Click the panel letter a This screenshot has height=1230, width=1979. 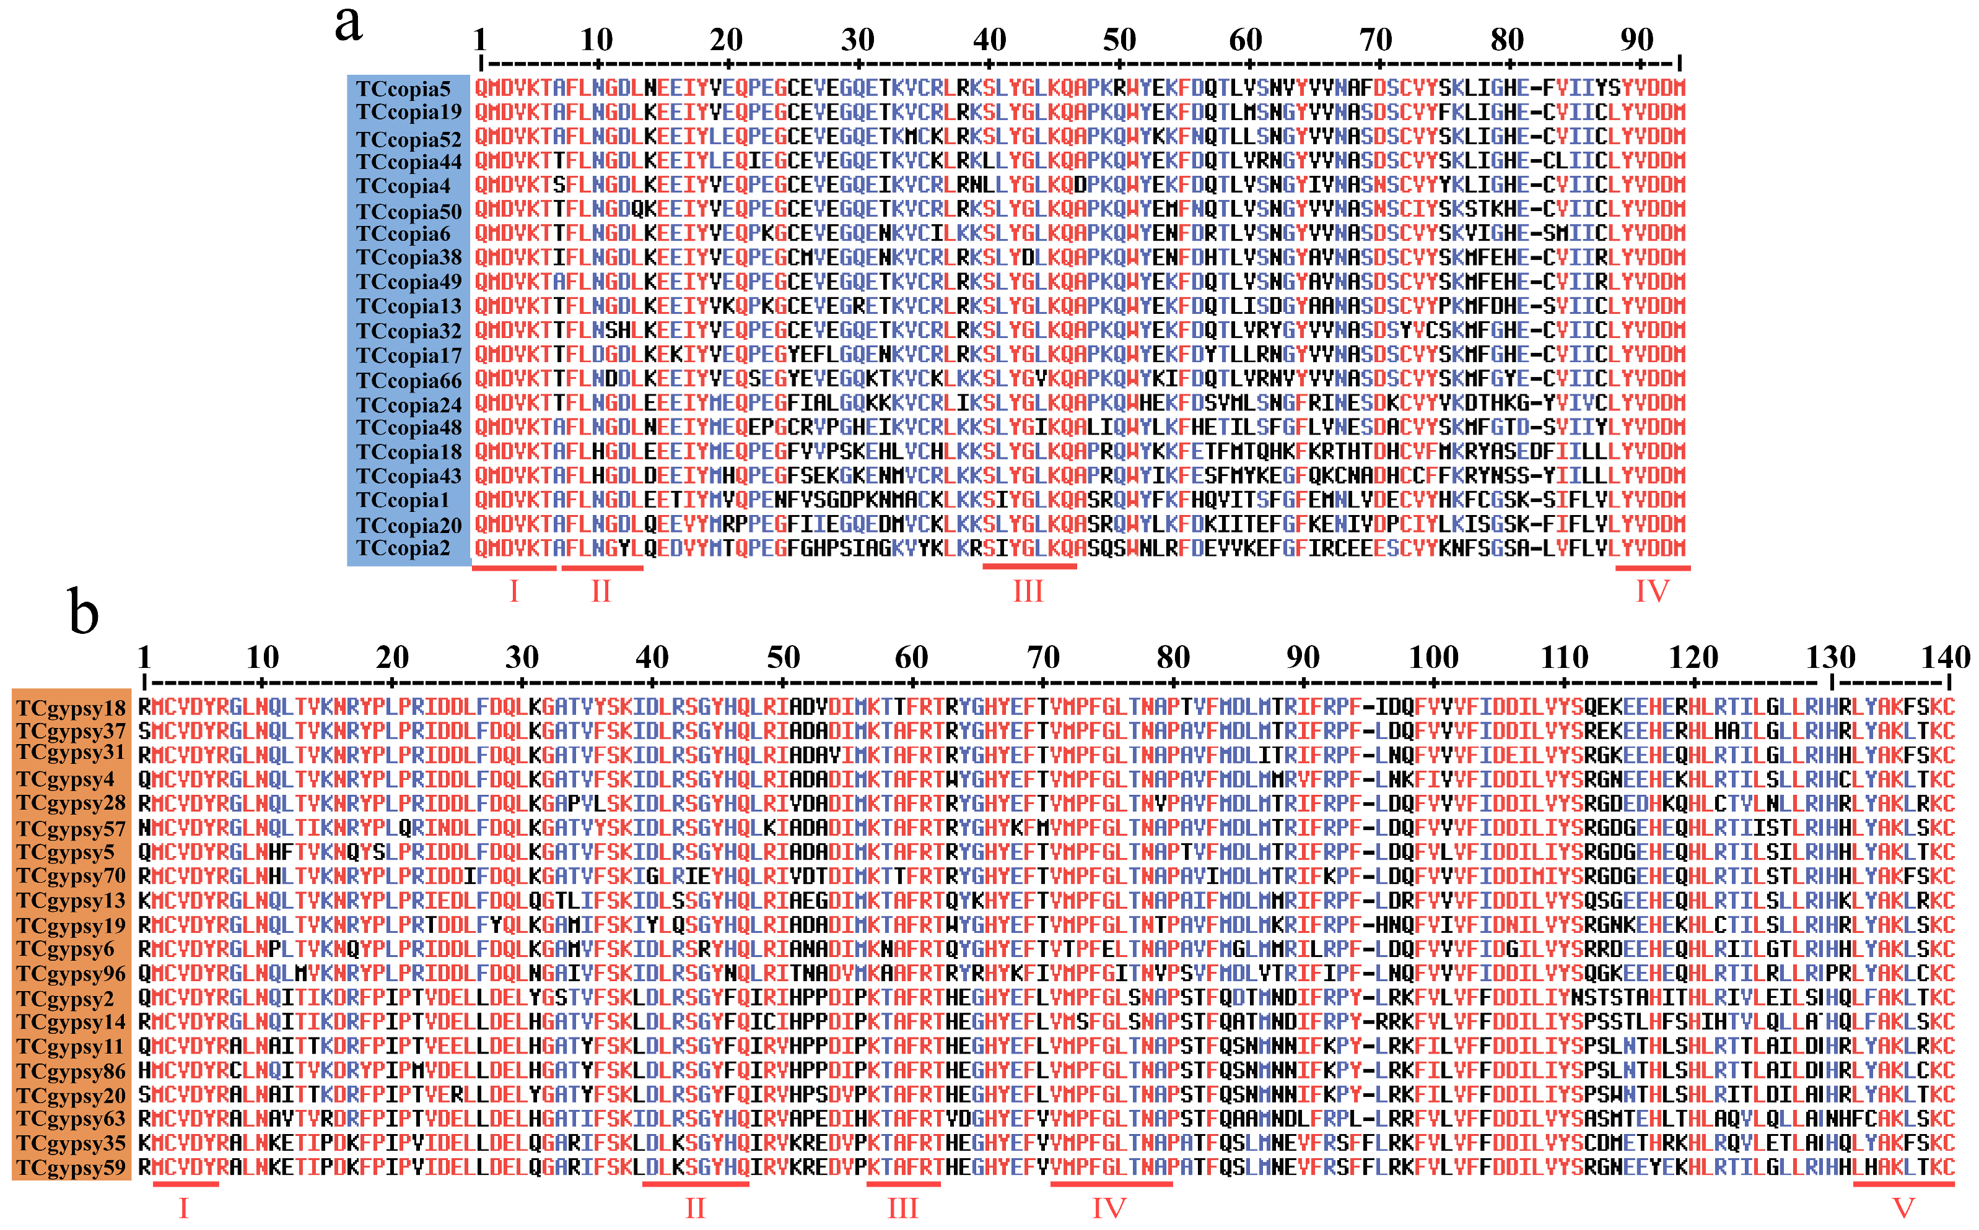(348, 24)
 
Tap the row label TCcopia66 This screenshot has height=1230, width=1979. (408, 381)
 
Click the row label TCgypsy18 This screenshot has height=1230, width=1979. (72, 707)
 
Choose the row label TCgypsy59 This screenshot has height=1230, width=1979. (72, 1168)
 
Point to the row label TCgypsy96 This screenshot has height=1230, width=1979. (72, 974)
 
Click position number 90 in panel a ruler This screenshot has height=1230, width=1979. (1636, 39)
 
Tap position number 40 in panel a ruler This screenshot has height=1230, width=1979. (990, 39)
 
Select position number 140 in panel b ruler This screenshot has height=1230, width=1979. (1946, 657)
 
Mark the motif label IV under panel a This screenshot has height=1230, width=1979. (1652, 591)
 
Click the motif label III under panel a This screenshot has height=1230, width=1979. (1028, 591)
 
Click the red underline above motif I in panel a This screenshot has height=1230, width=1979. (513, 568)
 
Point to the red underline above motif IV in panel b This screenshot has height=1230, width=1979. (1111, 1184)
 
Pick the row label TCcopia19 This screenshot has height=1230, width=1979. (408, 112)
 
